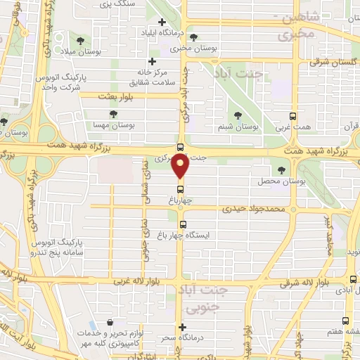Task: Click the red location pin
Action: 181,167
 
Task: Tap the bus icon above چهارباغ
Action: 181,188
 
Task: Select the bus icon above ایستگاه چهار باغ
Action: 184,226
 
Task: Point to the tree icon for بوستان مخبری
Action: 193,38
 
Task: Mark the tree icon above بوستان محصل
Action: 282,170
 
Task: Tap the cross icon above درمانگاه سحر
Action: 181,327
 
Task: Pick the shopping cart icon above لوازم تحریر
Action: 110,323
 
